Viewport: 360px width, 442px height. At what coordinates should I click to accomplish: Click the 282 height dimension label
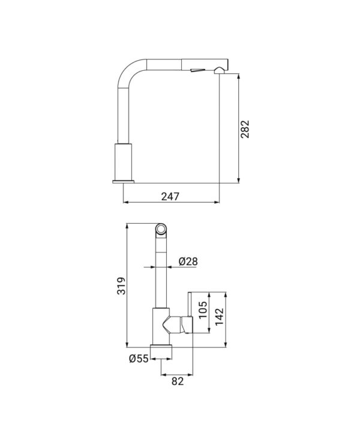pos(245,129)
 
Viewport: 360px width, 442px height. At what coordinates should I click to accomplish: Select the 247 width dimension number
pos(170,197)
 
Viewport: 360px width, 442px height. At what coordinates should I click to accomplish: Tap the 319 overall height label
pos(121,286)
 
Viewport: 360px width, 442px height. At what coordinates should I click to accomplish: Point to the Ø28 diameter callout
pos(188,261)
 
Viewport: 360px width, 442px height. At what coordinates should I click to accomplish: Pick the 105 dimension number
pos(203,310)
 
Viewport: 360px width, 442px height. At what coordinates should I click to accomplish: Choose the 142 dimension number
pos(220,316)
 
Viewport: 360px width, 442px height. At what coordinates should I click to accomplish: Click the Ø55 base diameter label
pos(139,359)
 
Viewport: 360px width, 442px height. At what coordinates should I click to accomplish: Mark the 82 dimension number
pos(178,381)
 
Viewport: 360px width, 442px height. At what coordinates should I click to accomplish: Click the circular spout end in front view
pos(161,229)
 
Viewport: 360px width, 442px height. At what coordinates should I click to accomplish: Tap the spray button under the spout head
pos(197,70)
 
